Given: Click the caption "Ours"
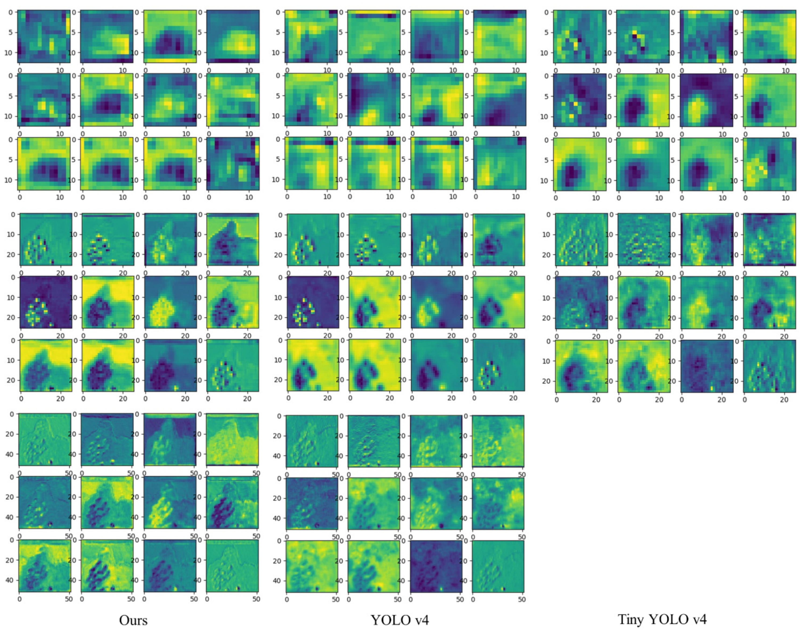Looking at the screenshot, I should [x=133, y=620].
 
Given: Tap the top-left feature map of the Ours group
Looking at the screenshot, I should [x=44, y=36].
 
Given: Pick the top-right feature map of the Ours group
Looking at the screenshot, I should [x=233, y=36].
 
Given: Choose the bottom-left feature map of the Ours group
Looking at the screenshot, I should [x=45, y=566].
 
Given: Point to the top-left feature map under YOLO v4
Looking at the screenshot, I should [x=311, y=36].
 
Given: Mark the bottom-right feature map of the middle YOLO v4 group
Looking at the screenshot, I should [x=498, y=566].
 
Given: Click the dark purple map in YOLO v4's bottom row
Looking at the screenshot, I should [x=436, y=566].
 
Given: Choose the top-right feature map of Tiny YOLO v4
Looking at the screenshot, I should [x=769, y=36].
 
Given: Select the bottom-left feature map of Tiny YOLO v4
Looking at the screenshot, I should [x=581, y=366].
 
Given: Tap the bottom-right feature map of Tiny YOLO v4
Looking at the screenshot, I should [x=769, y=366].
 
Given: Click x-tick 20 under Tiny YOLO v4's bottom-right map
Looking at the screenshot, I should [x=784, y=400].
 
